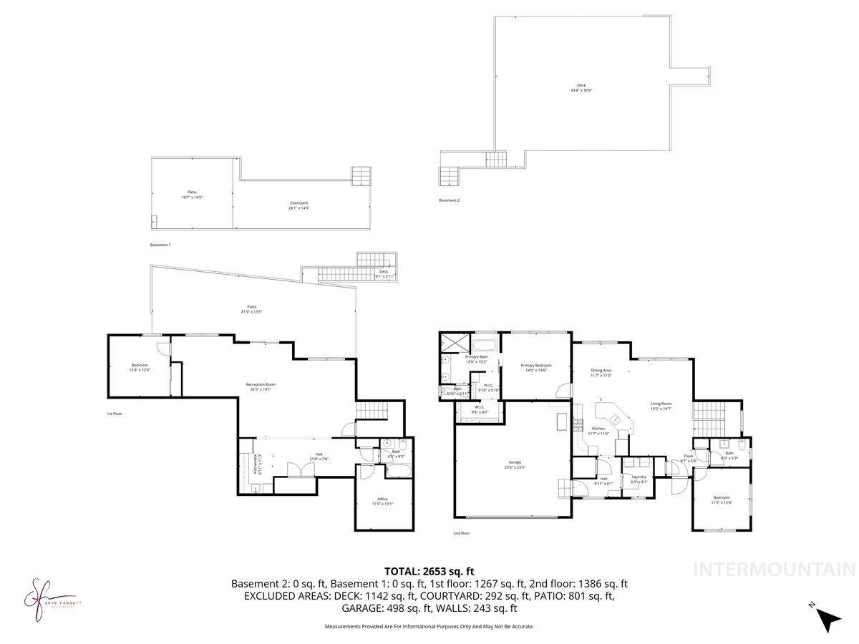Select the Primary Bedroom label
(535, 368)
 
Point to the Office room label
(382, 501)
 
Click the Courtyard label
(299, 205)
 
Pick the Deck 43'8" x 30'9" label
(582, 87)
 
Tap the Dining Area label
(601, 372)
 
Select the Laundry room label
(639, 479)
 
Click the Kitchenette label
(256, 464)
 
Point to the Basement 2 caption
(450, 200)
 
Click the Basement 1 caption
(160, 245)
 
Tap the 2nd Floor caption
(462, 533)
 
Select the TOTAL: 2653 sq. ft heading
(429, 571)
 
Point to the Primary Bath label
(476, 358)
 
